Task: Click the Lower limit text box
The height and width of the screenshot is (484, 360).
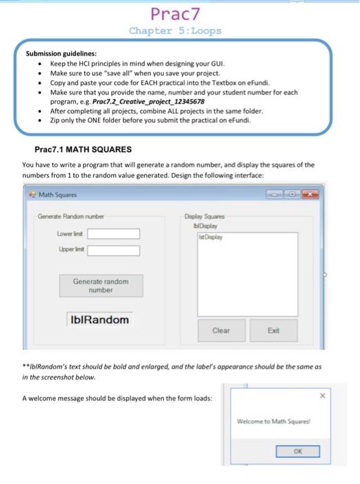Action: coord(114,234)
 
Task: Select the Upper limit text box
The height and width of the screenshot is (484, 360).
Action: coord(114,250)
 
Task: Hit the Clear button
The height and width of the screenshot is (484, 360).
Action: coord(221,331)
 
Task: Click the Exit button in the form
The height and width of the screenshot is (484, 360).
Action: coord(273,331)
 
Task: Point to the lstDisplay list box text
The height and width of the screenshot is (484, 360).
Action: coord(211,235)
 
